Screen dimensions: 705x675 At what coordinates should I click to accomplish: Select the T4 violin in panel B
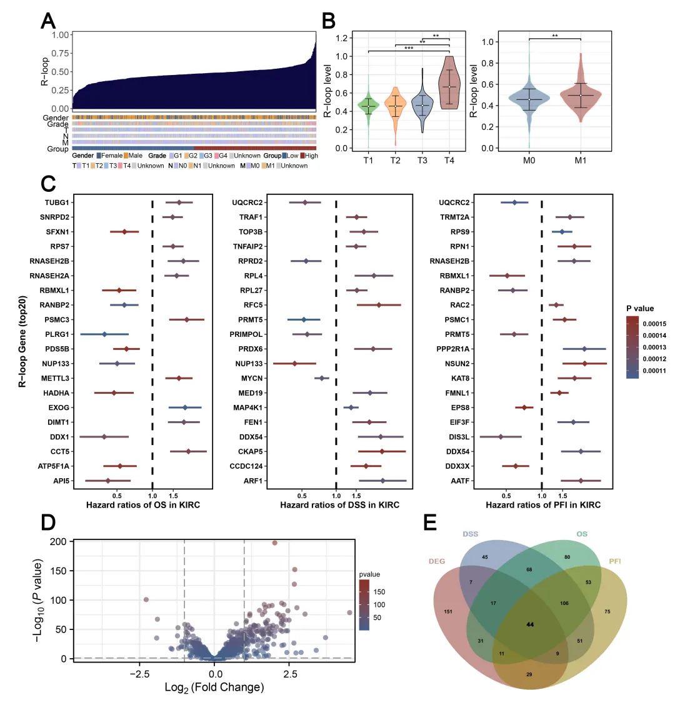coord(449,84)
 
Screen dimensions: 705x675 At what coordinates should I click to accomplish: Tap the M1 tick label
coord(581,161)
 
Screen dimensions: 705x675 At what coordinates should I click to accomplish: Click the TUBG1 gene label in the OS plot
coord(57,202)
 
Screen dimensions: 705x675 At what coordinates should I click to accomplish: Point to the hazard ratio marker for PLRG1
coord(104,334)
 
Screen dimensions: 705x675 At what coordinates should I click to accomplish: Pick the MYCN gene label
coord(252,378)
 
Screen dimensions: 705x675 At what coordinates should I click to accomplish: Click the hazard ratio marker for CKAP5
coord(382,451)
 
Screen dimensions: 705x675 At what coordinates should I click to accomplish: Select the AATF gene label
coord(460,481)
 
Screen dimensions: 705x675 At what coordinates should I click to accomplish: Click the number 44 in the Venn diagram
coord(530,624)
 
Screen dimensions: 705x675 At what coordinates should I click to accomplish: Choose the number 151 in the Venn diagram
coord(447,611)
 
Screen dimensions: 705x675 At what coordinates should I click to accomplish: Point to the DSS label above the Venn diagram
coord(470,534)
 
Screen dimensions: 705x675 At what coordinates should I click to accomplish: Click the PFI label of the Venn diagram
coord(615,562)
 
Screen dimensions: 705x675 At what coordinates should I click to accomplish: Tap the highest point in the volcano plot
coord(274,543)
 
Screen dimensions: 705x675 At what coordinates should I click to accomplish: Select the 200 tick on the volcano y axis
coord(59,542)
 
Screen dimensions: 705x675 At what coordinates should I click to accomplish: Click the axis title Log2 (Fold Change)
coord(214,687)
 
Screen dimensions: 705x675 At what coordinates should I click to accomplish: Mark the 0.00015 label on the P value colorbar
coord(654,324)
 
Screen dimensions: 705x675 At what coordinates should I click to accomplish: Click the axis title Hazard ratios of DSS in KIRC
coord(339,504)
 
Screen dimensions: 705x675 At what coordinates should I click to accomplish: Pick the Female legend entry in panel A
coord(112,156)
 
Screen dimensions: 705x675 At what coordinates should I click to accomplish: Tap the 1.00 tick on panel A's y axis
coord(60,35)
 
